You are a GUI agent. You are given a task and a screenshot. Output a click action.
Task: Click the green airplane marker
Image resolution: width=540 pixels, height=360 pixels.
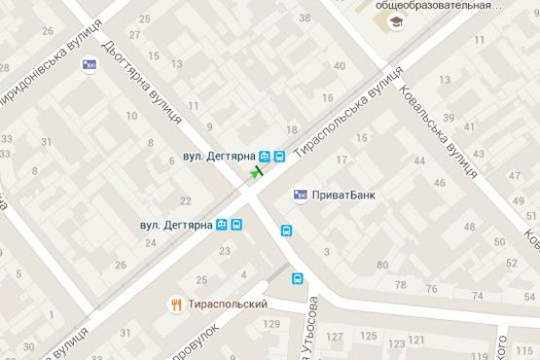257,172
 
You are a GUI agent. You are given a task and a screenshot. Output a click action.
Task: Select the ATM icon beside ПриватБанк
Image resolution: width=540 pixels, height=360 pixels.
300,195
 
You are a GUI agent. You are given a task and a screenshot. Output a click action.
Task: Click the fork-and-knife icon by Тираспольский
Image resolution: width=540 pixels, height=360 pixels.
176,304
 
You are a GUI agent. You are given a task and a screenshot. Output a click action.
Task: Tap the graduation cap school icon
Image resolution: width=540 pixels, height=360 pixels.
397,21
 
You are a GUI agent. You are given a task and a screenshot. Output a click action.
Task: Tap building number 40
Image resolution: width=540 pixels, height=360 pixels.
339,66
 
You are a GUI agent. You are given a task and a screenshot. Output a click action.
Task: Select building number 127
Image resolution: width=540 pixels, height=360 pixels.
336,338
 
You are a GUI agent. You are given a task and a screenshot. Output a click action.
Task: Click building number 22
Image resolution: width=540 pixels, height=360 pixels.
186,200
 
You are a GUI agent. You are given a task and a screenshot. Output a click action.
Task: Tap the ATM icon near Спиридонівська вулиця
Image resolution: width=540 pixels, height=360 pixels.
90,66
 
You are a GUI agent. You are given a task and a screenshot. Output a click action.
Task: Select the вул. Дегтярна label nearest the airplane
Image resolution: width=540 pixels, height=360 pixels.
218,156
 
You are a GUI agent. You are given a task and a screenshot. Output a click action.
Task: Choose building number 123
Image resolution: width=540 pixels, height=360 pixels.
396,344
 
